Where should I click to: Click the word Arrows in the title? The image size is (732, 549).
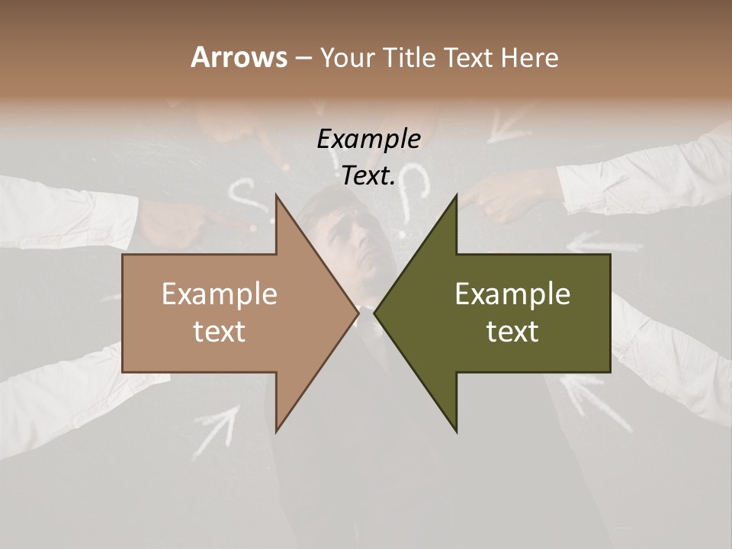(239, 57)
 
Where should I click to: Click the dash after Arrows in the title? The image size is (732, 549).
(303, 59)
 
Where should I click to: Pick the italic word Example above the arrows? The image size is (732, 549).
(369, 140)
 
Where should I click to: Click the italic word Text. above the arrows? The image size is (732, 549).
(369, 176)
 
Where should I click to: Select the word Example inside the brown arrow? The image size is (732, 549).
(220, 294)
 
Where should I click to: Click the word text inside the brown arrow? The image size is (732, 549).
(220, 332)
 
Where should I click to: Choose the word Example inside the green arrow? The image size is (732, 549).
(512, 294)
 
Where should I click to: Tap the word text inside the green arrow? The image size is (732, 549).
(512, 332)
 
